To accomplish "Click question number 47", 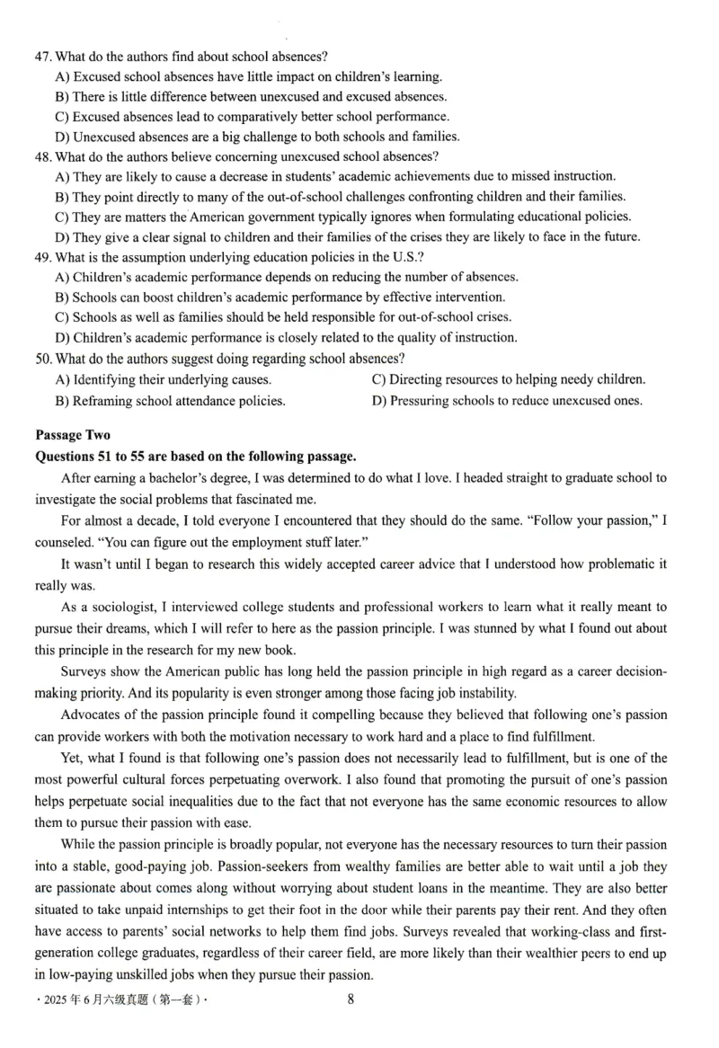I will click(x=42, y=56).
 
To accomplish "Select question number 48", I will click(x=42, y=156).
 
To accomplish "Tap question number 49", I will click(x=42, y=257).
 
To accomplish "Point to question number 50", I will click(x=42, y=358).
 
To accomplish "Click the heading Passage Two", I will click(x=73, y=435).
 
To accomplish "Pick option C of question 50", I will click(x=508, y=379).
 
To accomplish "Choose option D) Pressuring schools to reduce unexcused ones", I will click(x=507, y=401).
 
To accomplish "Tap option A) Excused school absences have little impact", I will click(x=248, y=76).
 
